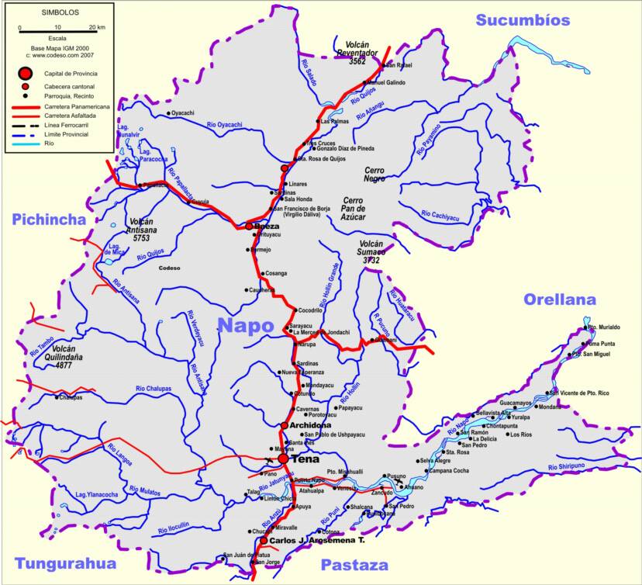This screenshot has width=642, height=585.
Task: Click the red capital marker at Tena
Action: pos(283,459)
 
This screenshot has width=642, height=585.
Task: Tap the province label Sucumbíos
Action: pos(523,20)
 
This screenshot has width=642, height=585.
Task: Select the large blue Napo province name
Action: pos(246,325)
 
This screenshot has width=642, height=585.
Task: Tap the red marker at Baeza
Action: pos(249,227)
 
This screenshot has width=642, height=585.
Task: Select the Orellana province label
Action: pos(559,299)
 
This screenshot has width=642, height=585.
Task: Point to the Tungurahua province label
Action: pos(64,563)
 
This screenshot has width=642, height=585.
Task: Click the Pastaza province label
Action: pos(353,564)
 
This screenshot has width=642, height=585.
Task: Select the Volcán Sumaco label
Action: pos(369,251)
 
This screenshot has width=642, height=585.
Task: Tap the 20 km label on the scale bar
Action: pos(96,28)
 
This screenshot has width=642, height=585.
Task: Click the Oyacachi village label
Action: pos(183,113)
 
